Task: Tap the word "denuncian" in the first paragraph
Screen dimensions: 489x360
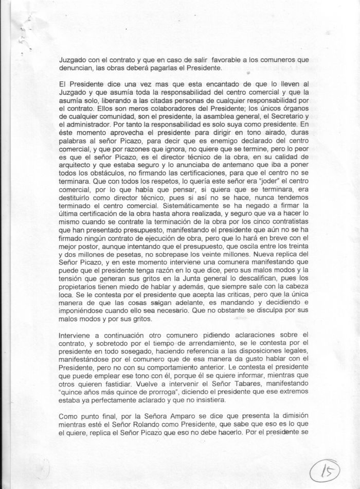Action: pyautogui.click(x=77, y=68)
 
